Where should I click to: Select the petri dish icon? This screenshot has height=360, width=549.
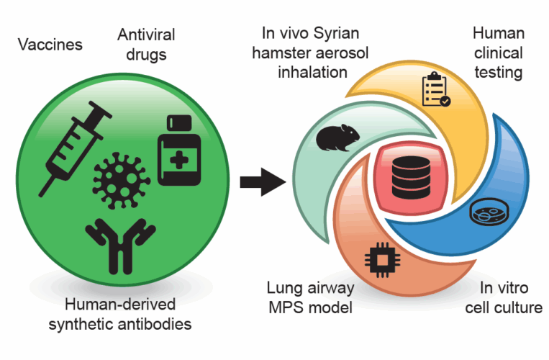[x=486, y=213]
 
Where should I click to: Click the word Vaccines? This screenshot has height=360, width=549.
[x=50, y=45]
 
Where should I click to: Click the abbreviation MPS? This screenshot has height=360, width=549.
[x=289, y=308]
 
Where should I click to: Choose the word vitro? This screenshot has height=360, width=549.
[x=512, y=289]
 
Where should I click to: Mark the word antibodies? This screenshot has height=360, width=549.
[x=157, y=324]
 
